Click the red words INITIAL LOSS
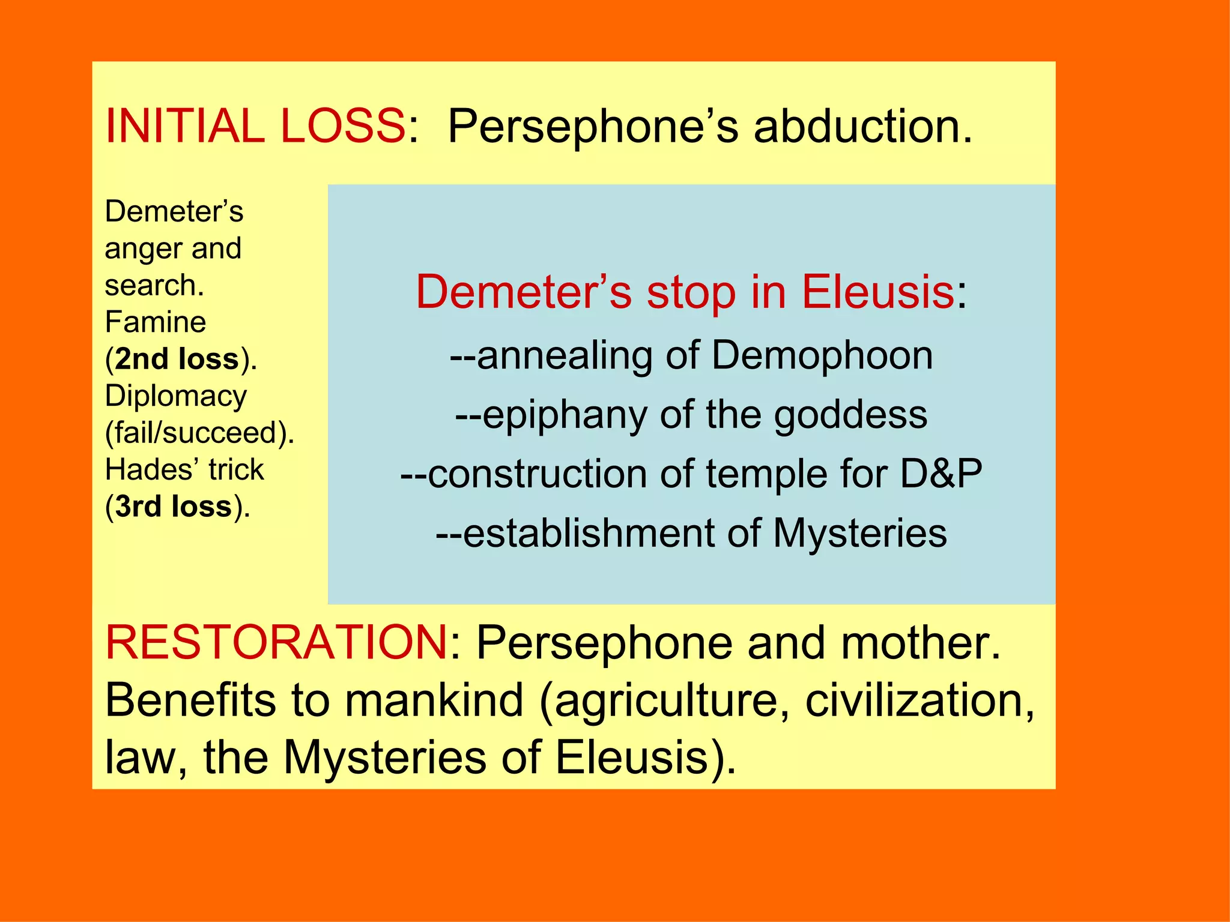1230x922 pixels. pos(255,126)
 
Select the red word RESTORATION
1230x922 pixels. pos(276,642)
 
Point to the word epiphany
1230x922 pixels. pos(565,415)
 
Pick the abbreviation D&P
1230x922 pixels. pos(941,474)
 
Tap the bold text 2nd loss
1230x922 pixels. pos(177,359)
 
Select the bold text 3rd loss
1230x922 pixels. pos(174,507)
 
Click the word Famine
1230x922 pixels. pos(156,322)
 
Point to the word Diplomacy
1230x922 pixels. pos(176,396)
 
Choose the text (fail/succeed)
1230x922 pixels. pos(199,433)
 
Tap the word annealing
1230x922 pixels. pos(565,355)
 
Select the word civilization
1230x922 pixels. pos(919,700)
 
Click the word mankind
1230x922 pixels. pos(434,700)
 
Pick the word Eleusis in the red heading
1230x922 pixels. pos(877,292)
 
